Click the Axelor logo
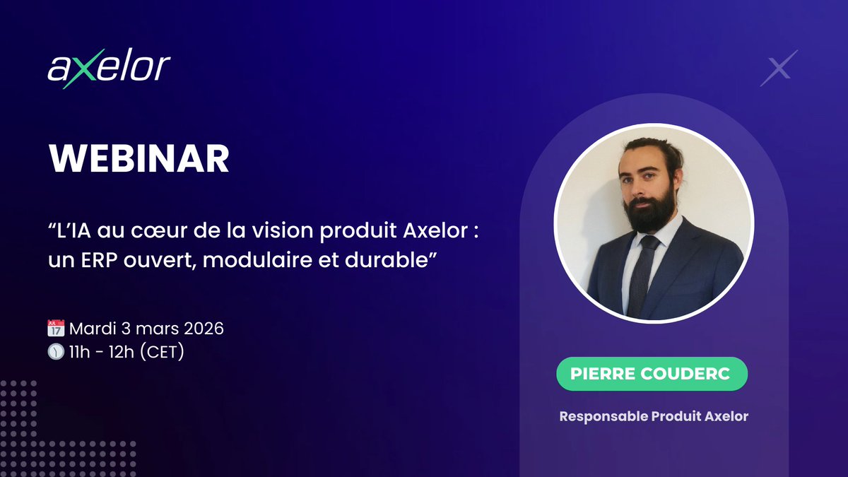click(x=110, y=69)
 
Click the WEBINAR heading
click(x=139, y=160)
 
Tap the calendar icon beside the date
click(x=56, y=329)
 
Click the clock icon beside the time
click(x=56, y=351)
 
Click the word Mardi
click(x=92, y=329)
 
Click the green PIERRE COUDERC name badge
click(x=652, y=375)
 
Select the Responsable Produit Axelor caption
click(x=654, y=416)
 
